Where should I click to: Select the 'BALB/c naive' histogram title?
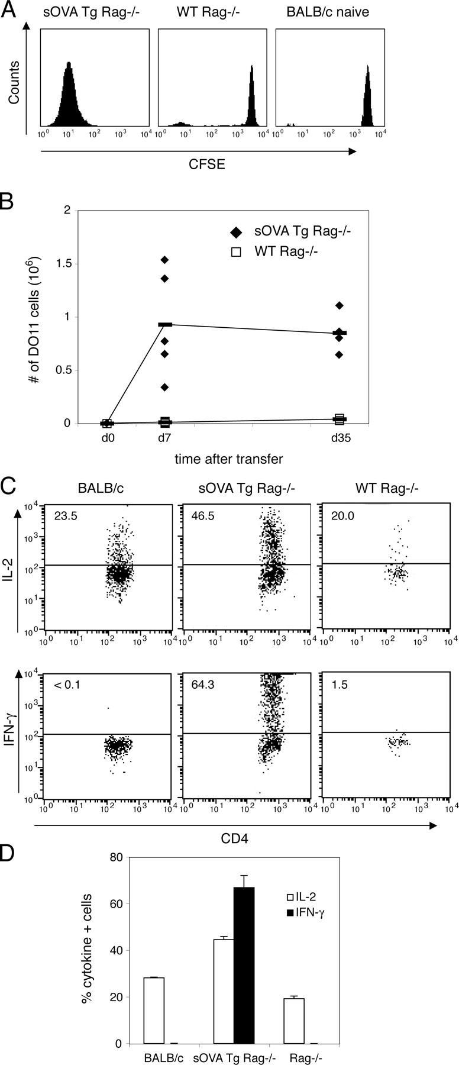pos(331,11)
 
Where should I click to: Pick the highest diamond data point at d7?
pos(165,260)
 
